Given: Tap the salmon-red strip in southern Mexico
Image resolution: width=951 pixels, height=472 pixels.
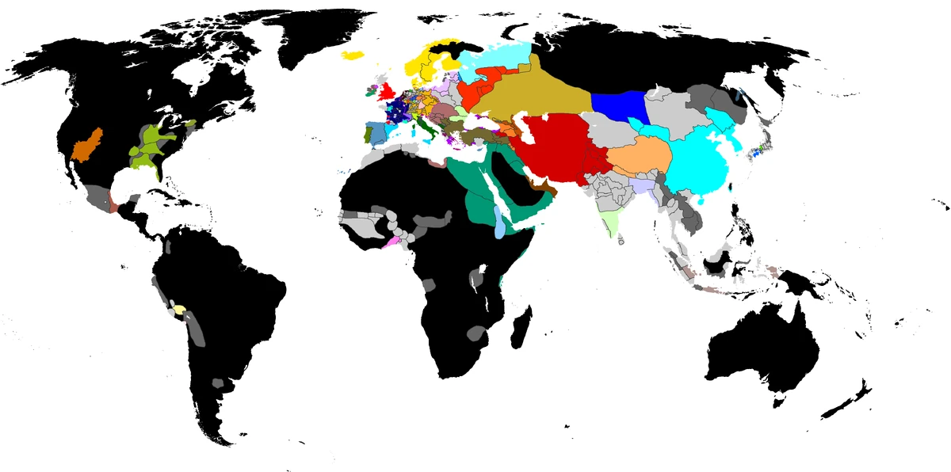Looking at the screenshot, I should click(113, 204).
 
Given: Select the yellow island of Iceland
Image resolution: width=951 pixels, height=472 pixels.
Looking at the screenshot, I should click(353, 55).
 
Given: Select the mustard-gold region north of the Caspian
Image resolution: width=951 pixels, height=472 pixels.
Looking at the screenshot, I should click(539, 95).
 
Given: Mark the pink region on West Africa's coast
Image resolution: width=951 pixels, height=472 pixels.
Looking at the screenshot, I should click(391, 242).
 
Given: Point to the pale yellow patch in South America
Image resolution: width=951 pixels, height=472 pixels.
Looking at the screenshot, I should click(181, 310).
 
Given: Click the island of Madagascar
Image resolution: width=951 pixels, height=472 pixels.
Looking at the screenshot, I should click(521, 328).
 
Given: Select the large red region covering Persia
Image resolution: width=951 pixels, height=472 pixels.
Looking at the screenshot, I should click(555, 147).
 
